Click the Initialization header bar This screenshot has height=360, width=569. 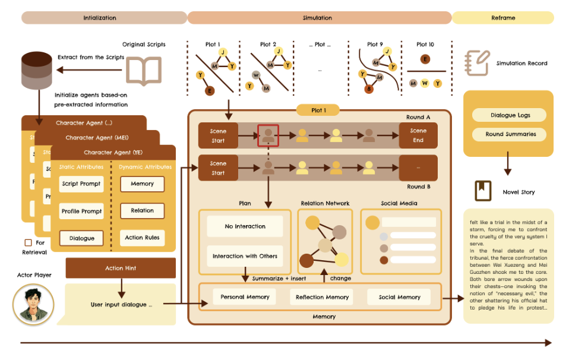click(105, 18)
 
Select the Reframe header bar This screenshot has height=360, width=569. click(502, 18)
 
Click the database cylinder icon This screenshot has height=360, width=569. click(36, 69)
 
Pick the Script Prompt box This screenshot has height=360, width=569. click(82, 184)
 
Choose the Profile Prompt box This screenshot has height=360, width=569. click(82, 211)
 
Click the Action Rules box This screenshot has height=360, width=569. click(143, 238)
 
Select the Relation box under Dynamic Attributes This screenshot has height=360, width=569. click(143, 210)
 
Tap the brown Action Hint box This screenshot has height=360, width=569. click(121, 268)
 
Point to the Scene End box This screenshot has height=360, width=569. click(418, 135)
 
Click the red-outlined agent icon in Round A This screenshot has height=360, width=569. click(268, 135)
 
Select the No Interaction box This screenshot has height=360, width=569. click(245, 226)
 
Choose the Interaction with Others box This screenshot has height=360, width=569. click(245, 256)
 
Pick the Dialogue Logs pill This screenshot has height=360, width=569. click(508, 115)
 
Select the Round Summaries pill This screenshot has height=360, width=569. click(508, 134)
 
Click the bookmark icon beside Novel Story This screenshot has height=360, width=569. click(482, 191)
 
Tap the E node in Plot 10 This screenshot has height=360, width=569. click(424, 59)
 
